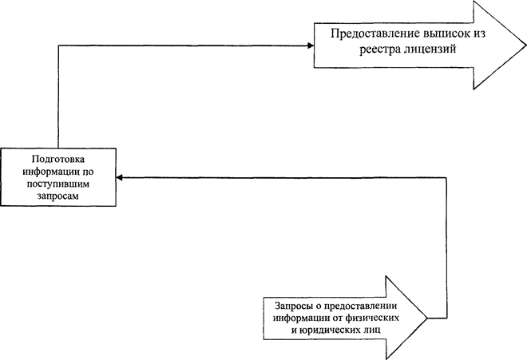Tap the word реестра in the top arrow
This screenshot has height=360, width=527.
(x=378, y=49)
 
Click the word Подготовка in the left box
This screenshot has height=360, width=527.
(x=58, y=159)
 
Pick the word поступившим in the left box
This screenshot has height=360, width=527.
(x=58, y=184)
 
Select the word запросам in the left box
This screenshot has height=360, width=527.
(x=58, y=196)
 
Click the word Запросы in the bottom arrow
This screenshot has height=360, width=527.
(x=292, y=306)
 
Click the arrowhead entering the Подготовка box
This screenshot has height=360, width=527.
(x=119, y=177)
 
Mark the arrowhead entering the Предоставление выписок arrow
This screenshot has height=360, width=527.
(x=311, y=45)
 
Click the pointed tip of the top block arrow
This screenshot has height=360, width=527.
(x=526, y=45)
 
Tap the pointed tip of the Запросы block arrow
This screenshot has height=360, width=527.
(x=427, y=318)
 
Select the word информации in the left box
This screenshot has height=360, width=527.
(x=51, y=172)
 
